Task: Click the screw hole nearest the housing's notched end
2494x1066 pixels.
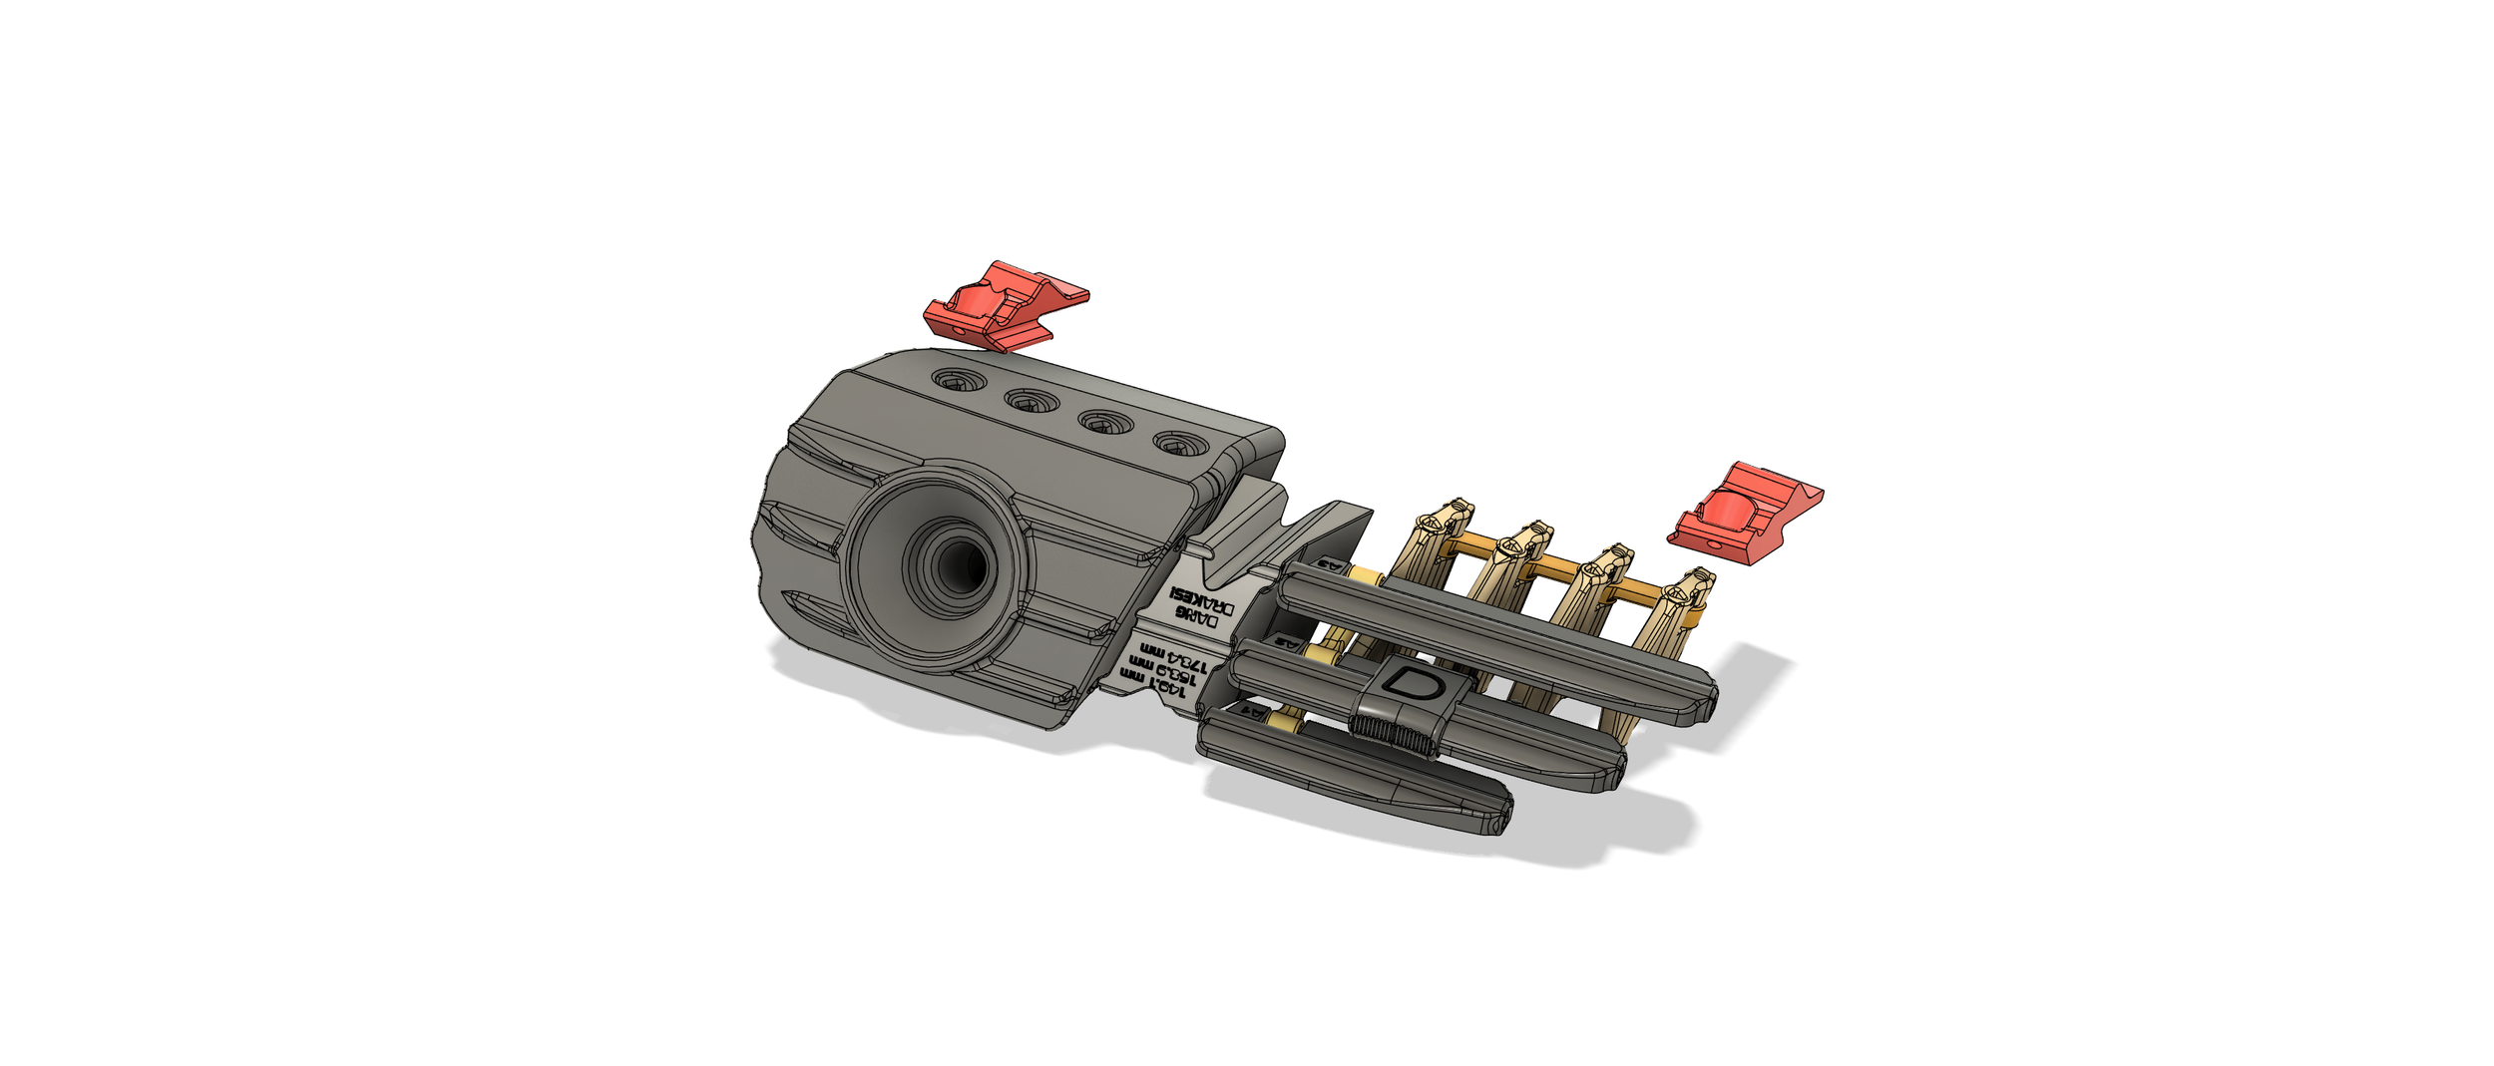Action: (x=1177, y=443)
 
